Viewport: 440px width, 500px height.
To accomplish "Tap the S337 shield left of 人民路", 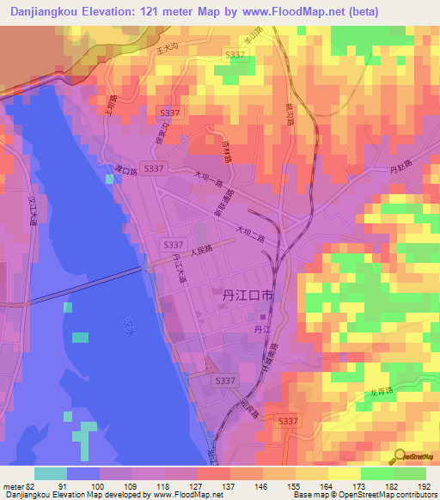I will point(172,245).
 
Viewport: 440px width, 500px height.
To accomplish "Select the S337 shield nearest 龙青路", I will point(289,421).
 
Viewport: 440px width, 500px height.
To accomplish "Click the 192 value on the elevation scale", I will point(423,486).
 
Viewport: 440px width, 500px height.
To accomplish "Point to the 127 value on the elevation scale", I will point(198,486).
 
